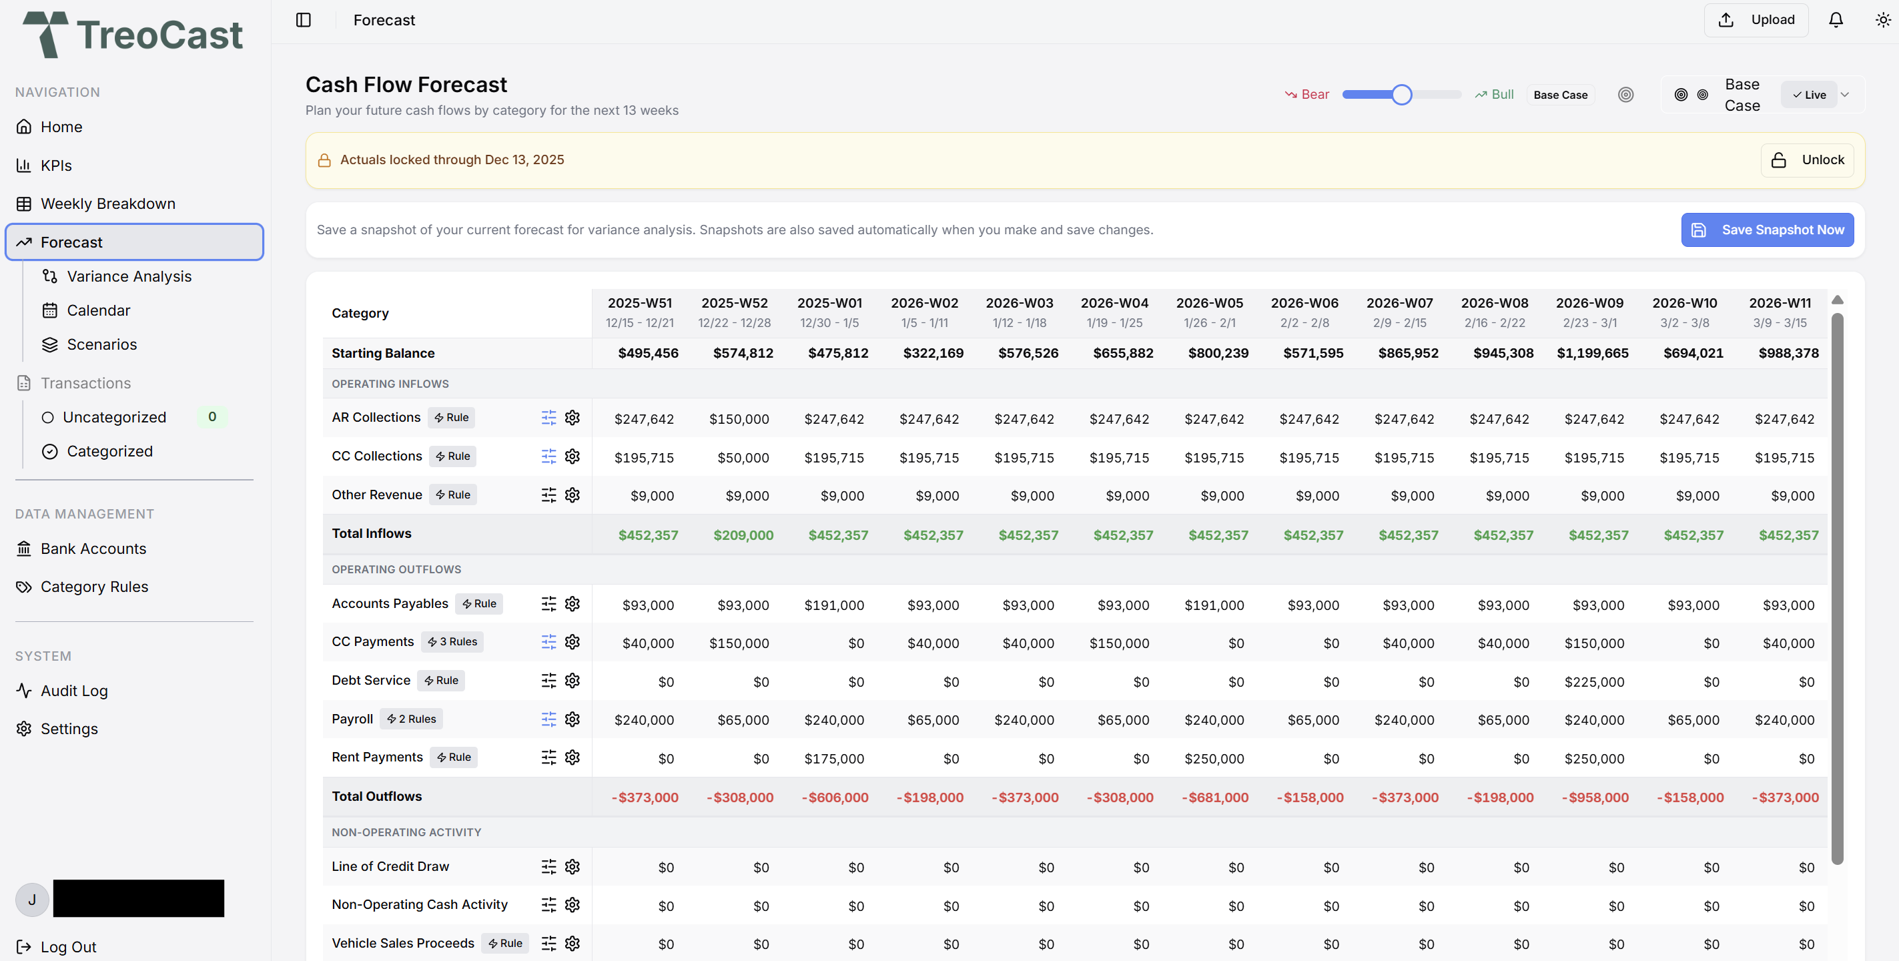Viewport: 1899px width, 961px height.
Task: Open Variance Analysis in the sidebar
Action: coord(128,276)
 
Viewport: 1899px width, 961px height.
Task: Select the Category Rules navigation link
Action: coord(93,587)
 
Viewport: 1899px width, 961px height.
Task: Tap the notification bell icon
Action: coord(1836,20)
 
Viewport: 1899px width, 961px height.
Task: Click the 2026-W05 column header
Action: coord(1209,312)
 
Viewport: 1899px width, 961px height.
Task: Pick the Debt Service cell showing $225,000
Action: coord(1594,682)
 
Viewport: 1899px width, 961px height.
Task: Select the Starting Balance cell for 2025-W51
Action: coord(647,353)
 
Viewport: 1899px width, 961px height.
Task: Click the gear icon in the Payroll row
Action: coord(572,719)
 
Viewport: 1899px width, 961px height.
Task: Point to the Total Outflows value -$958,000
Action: coord(1595,797)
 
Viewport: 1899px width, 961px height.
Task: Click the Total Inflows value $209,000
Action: coord(743,535)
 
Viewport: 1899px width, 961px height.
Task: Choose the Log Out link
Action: coord(68,947)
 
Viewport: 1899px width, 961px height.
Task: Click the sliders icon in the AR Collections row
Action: coord(548,418)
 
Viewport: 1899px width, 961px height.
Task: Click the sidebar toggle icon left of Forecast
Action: coord(303,20)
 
